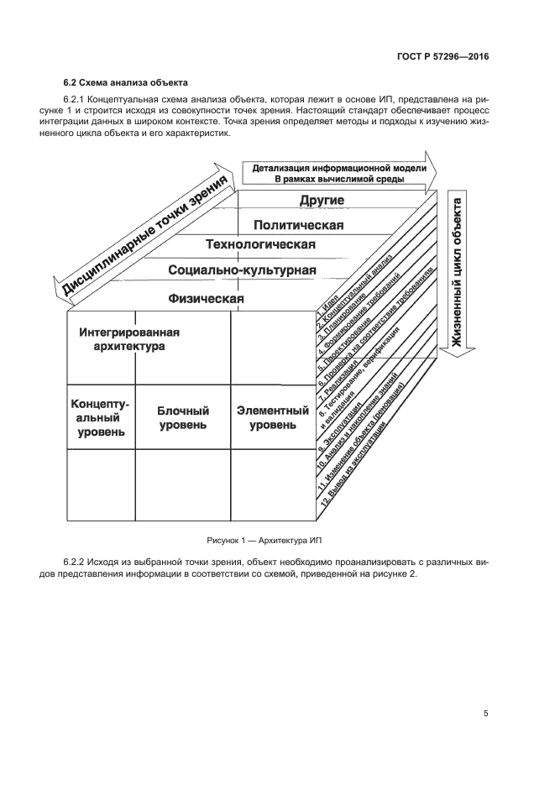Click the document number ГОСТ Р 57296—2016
click(447, 57)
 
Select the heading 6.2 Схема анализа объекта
click(126, 83)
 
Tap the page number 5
click(485, 714)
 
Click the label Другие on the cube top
click(322, 201)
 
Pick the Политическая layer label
click(299, 224)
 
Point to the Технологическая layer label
click(260, 245)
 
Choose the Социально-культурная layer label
click(242, 270)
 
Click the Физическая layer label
click(206, 298)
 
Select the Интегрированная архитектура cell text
click(129, 339)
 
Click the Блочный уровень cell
click(182, 418)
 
